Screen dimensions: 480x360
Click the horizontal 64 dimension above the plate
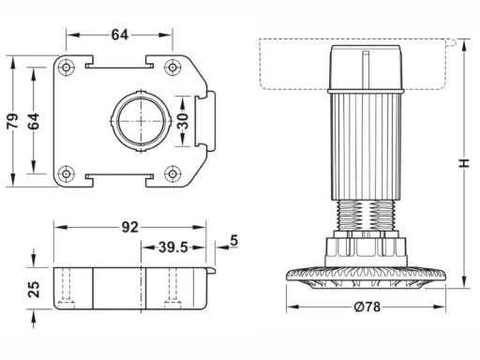tap(120, 35)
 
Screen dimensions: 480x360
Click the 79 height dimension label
tap(13, 121)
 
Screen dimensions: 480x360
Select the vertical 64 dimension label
tap(34, 121)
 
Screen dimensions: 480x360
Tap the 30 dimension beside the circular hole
tap(183, 121)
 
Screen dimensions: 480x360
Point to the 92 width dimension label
tap(130, 227)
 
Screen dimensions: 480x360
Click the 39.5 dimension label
tap(173, 247)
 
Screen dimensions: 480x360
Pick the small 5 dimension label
tap(234, 241)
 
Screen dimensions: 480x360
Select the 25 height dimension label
tap(34, 289)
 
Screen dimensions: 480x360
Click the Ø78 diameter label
tap(367, 307)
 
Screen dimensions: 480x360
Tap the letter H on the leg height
tap(465, 163)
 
